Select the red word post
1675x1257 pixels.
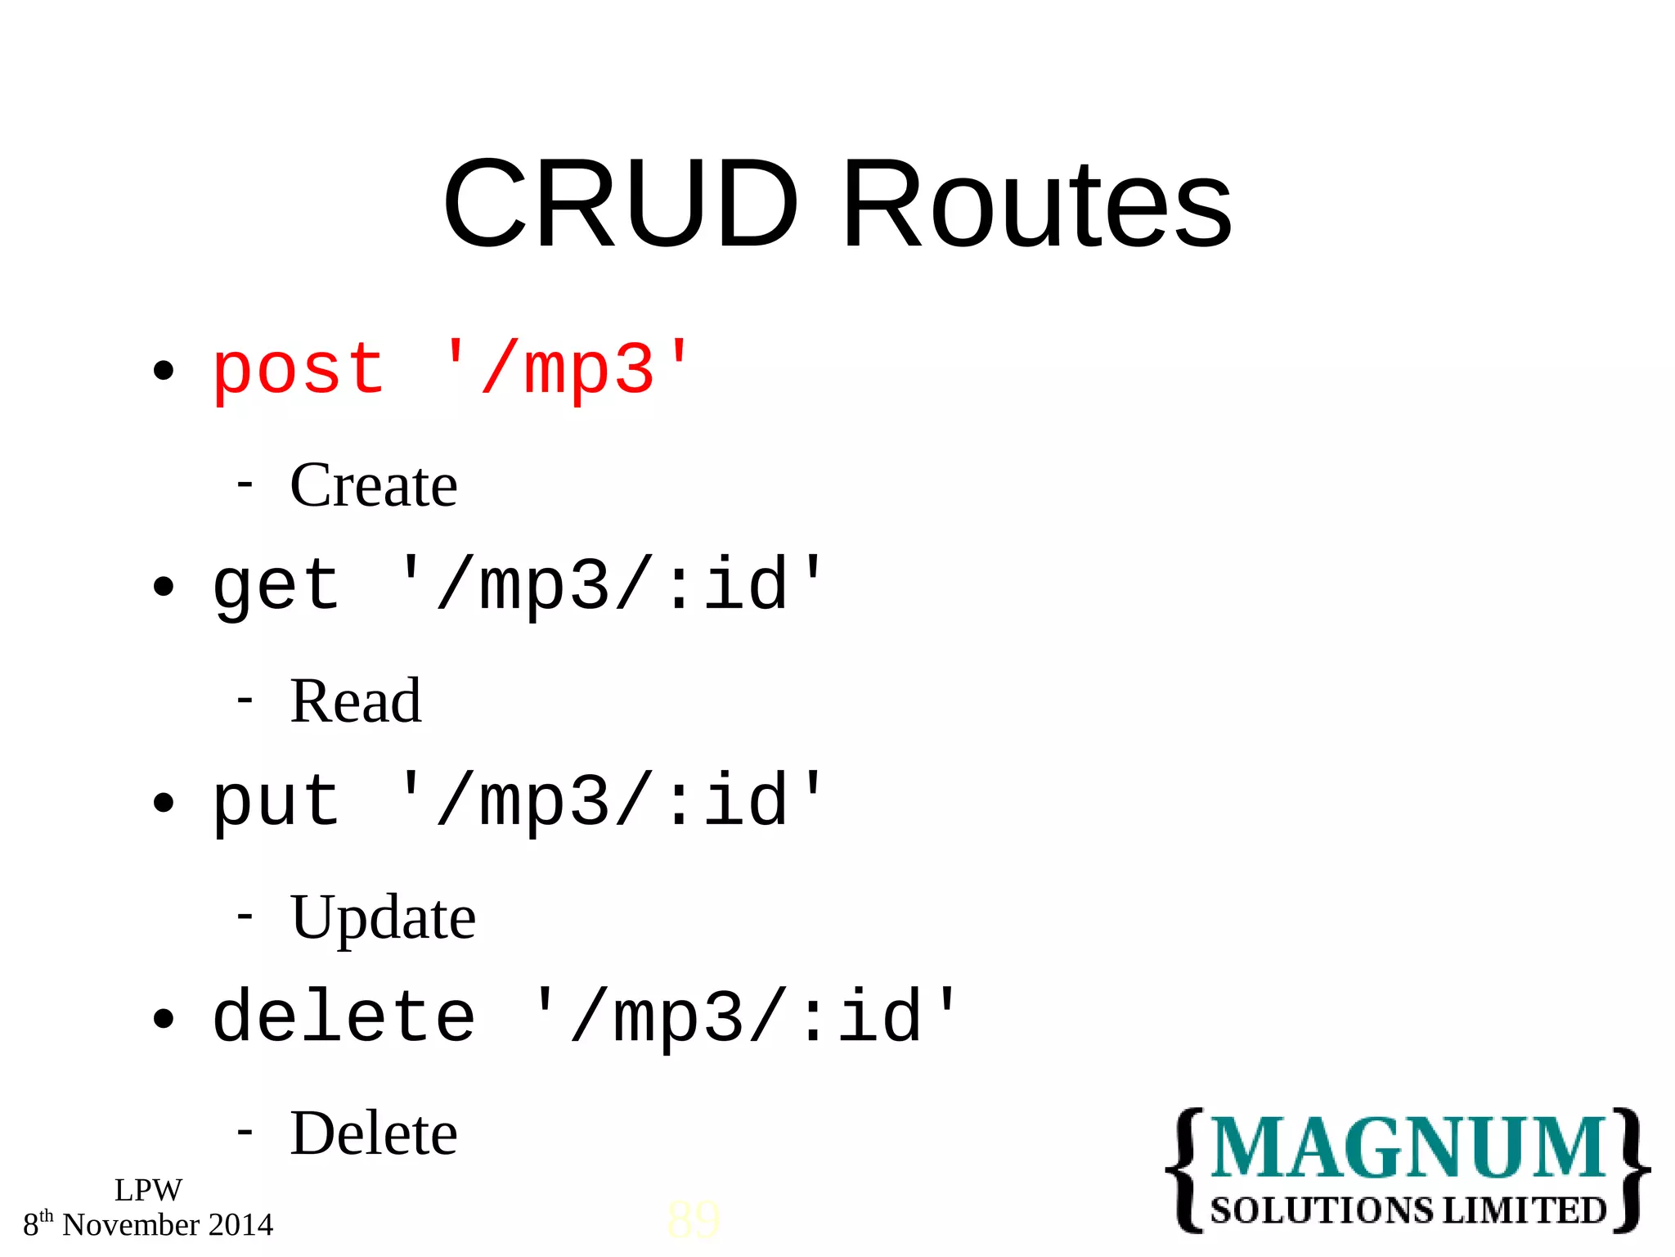298,371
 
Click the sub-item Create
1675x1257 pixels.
374,485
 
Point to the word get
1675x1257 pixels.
276,587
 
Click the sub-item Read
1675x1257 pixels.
356,701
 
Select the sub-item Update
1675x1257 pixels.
383,918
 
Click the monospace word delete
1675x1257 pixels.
344,1018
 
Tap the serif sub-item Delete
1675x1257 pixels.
374,1134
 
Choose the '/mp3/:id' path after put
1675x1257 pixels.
610,801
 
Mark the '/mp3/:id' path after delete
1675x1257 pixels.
744,1017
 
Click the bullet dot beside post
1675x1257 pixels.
164,371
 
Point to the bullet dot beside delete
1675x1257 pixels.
164,1019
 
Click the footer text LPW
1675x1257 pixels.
148,1190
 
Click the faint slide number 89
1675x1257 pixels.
694,1220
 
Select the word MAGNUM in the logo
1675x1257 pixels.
1408,1148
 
